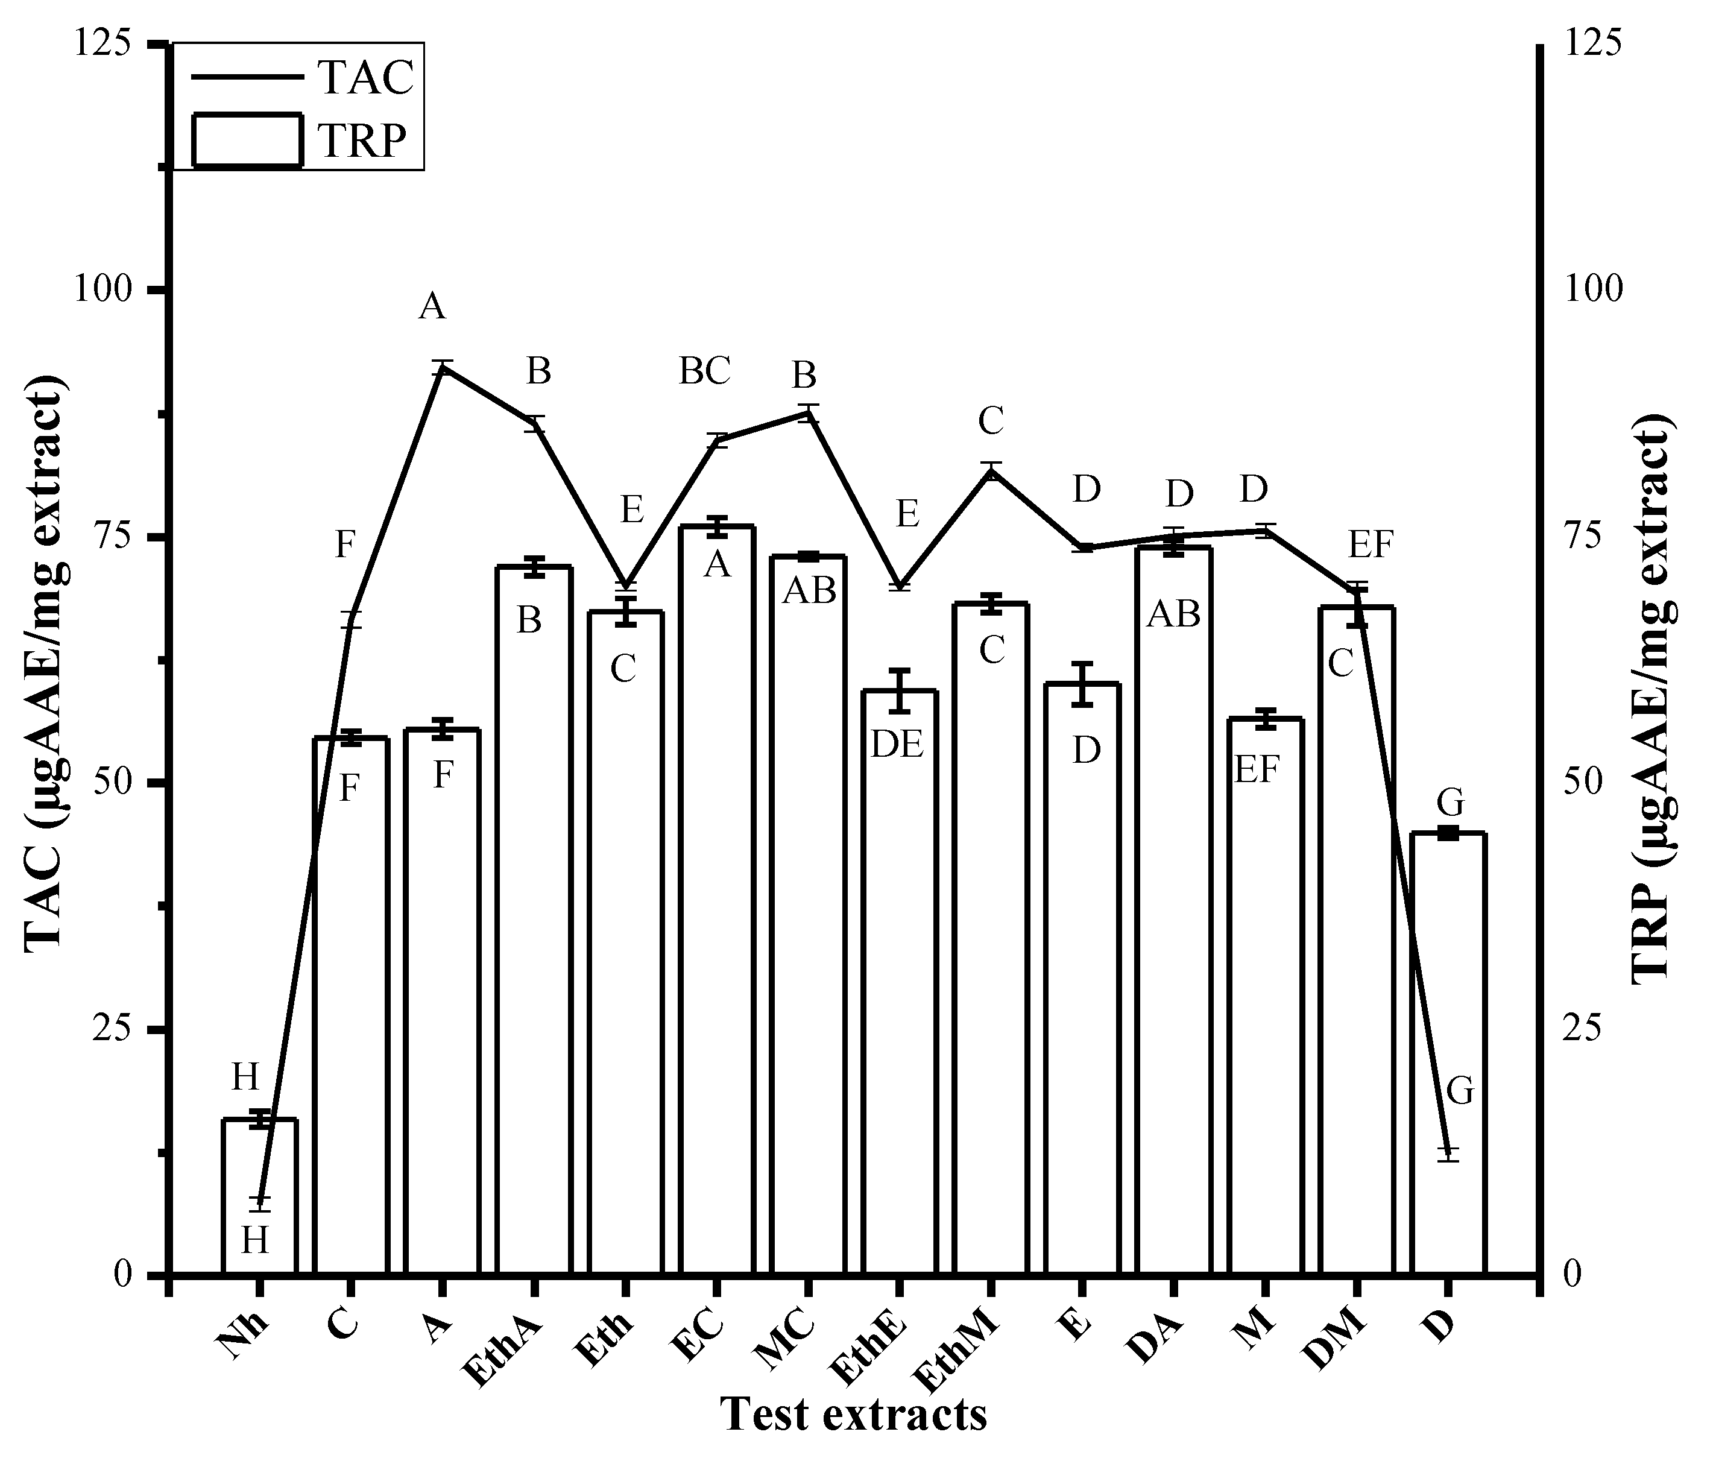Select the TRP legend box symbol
tap(246, 140)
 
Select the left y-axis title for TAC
tap(43, 661)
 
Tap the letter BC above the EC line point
tap(705, 372)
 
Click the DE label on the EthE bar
tap(897, 745)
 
